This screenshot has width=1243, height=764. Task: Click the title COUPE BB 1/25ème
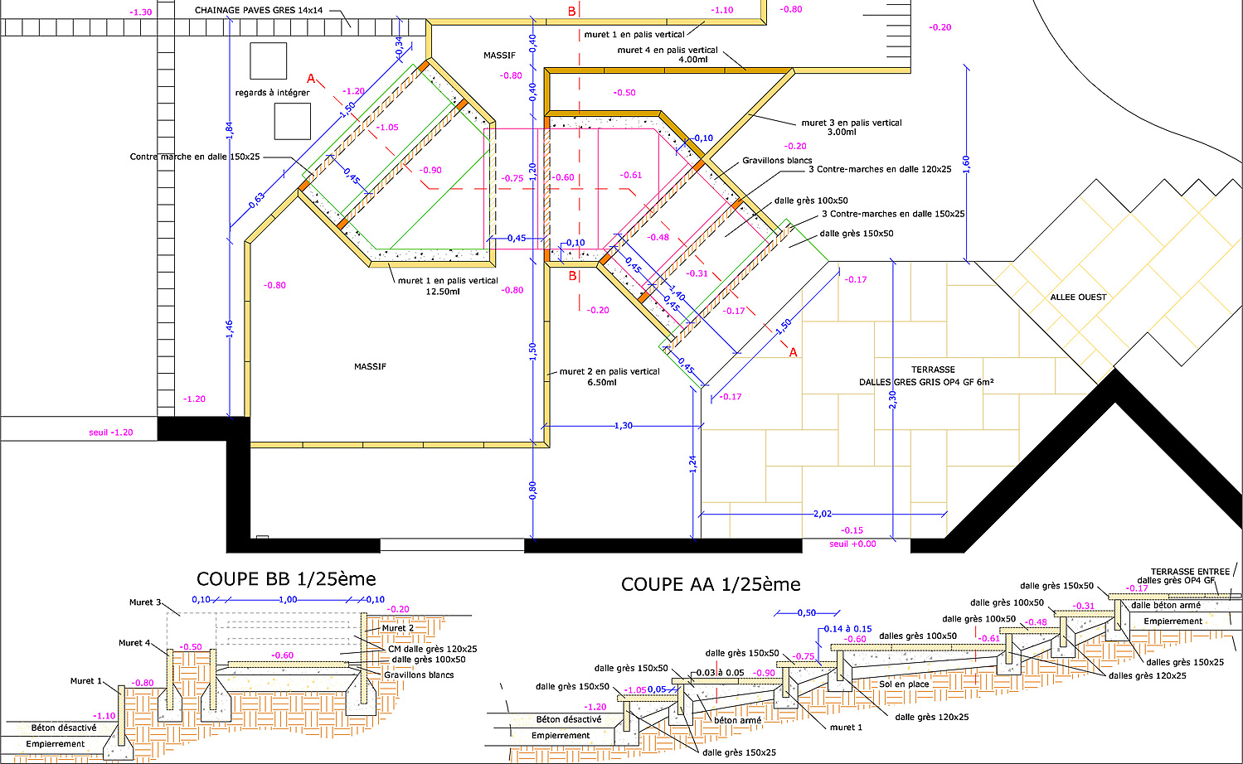coord(286,579)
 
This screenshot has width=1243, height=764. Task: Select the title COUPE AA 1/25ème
coord(711,584)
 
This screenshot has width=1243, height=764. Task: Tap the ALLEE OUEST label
coord(1078,297)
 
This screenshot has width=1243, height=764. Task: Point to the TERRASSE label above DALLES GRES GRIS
coord(933,370)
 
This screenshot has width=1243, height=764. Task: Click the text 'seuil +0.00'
coord(852,544)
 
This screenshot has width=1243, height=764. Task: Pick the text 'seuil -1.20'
coord(111,433)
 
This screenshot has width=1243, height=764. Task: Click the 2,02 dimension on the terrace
coord(823,514)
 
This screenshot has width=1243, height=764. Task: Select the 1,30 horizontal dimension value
coord(624,426)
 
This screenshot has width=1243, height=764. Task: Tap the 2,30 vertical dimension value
coord(892,399)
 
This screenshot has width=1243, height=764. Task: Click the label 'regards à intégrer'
coord(273,93)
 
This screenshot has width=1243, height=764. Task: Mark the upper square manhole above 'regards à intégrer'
coord(268,60)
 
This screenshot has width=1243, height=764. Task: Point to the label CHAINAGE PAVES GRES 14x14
coord(259,11)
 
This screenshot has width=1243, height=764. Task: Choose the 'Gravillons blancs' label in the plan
coord(777,160)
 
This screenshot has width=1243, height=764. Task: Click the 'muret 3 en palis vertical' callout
coord(852,123)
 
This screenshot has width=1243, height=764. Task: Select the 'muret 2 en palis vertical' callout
coord(609,371)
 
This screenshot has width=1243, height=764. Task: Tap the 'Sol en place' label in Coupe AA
coord(904,684)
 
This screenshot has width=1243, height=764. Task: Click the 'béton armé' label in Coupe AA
coord(737,720)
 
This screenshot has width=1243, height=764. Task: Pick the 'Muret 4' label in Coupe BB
coord(134,642)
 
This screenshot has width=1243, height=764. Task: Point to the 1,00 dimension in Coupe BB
coord(288,599)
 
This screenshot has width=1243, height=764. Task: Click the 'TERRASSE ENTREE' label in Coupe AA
coord(1190,572)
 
